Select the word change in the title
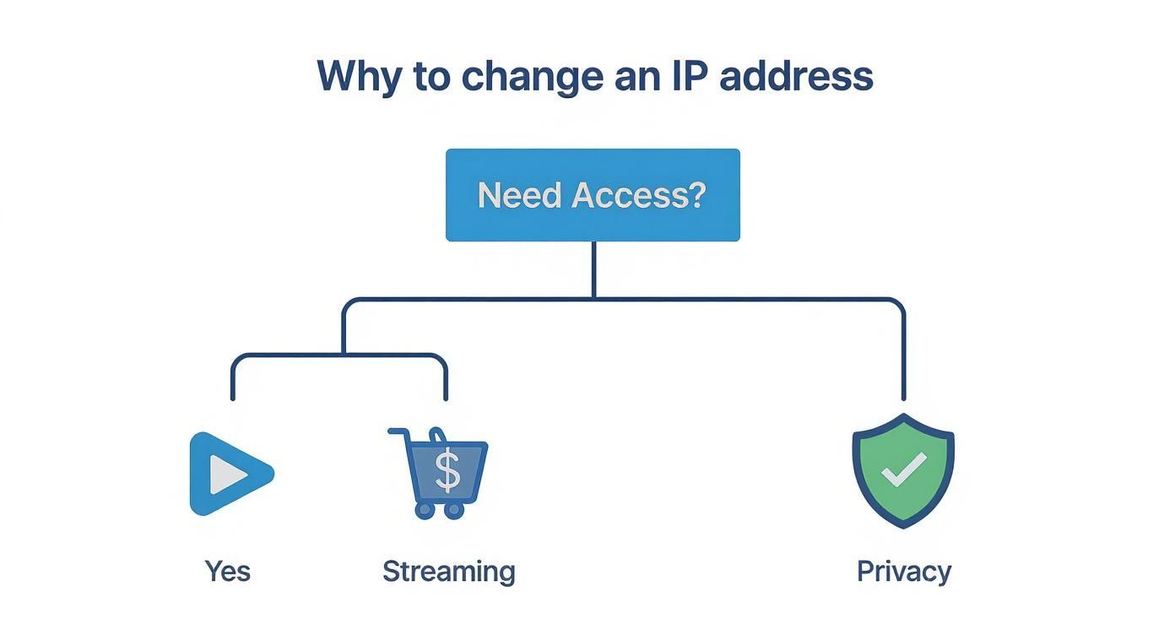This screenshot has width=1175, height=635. coord(532,76)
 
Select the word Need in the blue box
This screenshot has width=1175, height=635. coord(519,195)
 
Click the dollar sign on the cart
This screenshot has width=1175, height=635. coord(447,471)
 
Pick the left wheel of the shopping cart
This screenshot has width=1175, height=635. coord(425,510)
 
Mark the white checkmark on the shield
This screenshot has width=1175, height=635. coord(904,469)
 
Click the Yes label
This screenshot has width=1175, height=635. coord(228,572)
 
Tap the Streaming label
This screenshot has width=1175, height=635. coord(448,572)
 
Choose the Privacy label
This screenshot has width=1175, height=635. coord(903,572)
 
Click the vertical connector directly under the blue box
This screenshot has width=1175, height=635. coord(593,269)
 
